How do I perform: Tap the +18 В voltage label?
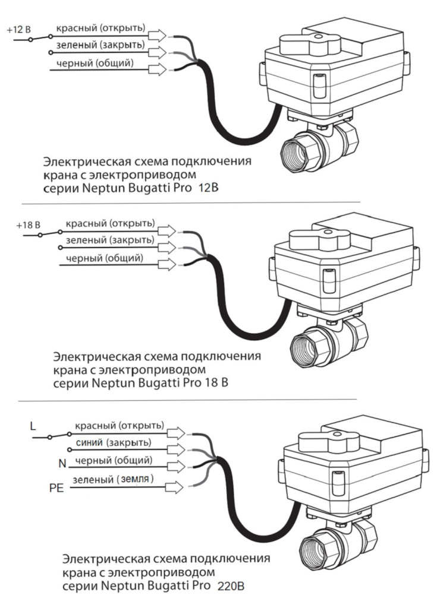coord(27,225)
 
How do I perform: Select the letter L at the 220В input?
coord(33,425)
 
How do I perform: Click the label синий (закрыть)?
coord(112,442)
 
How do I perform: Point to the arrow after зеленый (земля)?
coord(174,486)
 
